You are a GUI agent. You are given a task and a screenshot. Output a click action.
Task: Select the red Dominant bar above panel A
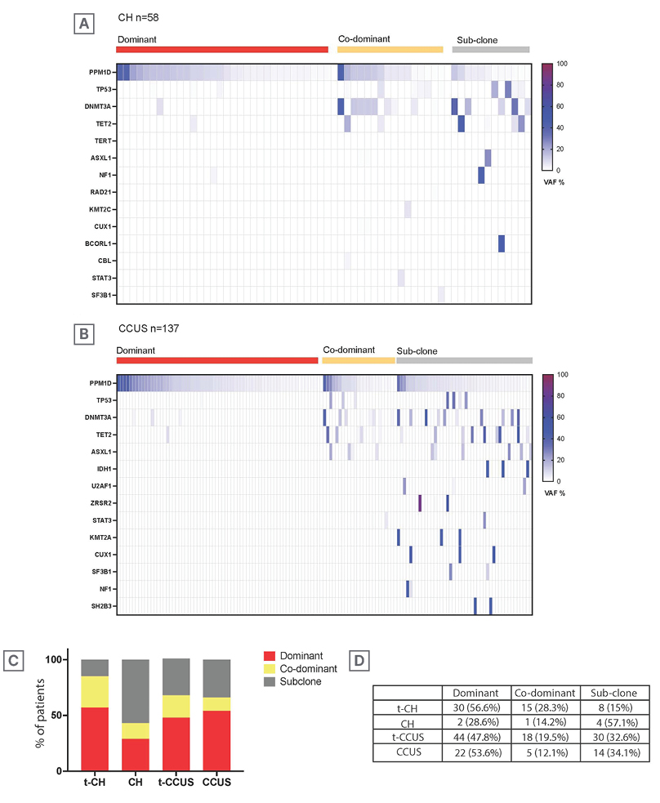click(222, 50)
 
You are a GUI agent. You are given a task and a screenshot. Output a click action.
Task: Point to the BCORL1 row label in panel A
click(99, 243)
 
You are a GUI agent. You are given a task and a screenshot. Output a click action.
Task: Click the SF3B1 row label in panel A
click(100, 295)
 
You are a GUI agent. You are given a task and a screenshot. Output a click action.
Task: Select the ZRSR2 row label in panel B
click(100, 503)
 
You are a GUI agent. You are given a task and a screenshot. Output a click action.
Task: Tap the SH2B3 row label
click(100, 606)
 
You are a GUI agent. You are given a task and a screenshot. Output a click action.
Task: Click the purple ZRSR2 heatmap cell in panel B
click(419, 503)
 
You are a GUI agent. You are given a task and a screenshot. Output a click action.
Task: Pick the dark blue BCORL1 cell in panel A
click(501, 243)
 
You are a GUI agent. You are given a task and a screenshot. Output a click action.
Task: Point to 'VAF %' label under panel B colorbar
click(555, 493)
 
